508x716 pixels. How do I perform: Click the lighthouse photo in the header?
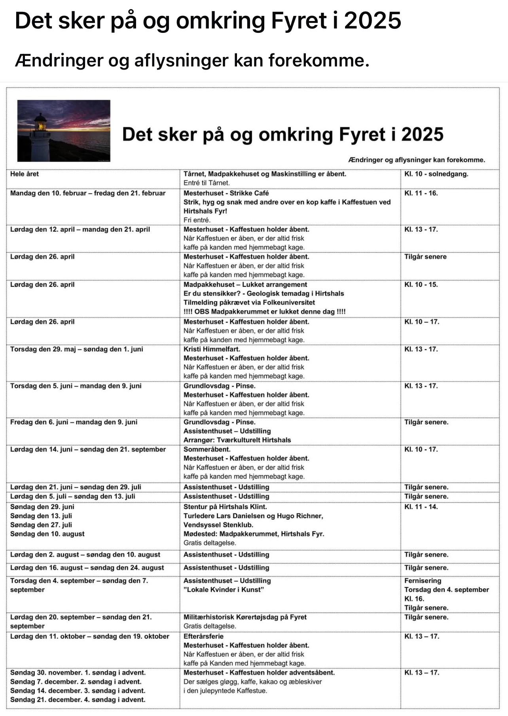(64, 131)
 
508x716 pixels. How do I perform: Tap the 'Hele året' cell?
(25, 174)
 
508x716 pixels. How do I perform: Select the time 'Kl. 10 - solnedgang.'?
(436, 174)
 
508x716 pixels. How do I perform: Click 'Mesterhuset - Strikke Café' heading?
(226, 193)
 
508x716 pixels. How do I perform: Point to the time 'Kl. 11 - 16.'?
(421, 193)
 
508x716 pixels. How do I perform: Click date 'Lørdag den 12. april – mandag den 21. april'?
(80, 229)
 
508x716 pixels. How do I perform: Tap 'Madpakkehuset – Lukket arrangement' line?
(245, 284)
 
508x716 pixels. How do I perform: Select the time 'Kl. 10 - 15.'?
(421, 284)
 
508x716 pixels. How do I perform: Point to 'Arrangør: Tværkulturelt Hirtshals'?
(237, 440)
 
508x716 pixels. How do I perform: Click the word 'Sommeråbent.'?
(207, 449)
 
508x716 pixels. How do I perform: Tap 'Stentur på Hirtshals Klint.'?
(225, 507)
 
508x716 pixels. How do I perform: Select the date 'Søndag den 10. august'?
(47, 534)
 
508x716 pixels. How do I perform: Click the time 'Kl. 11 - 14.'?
(421, 507)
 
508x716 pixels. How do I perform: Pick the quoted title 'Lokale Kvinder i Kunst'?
(224, 590)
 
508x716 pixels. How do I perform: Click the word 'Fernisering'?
(423, 581)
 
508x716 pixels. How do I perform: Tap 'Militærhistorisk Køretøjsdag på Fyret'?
(245, 617)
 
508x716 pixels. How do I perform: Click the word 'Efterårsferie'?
(203, 636)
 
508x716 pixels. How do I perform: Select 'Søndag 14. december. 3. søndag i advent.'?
(78, 691)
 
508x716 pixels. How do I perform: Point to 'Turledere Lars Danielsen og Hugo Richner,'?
(253, 516)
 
